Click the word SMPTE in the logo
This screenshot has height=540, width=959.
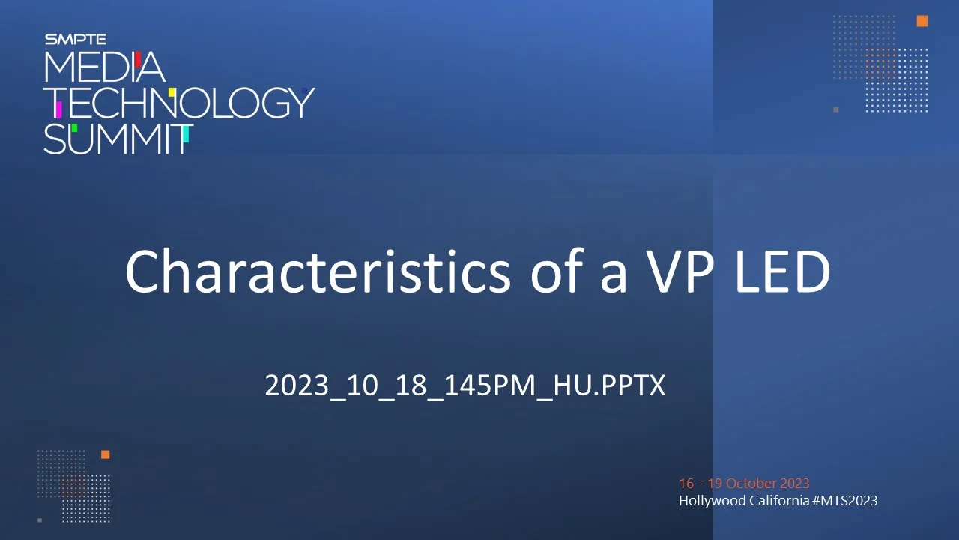[76, 40]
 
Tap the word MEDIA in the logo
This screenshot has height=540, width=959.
[104, 67]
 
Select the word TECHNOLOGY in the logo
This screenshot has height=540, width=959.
[179, 103]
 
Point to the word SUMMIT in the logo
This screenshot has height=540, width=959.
[118, 139]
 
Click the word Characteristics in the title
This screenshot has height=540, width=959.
[318, 271]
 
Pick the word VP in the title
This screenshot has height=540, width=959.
[680, 272]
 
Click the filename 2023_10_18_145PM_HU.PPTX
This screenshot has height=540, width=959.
[465, 385]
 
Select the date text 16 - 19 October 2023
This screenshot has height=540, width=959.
[744, 484]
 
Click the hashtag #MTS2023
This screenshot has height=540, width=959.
[844, 500]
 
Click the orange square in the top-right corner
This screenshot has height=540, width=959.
[922, 21]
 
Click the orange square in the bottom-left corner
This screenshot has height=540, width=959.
[106, 454]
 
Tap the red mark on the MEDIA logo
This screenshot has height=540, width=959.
[138, 59]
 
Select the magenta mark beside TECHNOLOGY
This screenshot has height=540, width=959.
[58, 109]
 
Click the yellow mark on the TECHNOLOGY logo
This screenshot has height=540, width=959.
[172, 92]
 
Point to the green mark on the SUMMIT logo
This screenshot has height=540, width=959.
[74, 128]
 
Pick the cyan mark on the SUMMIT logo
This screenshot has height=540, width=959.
[186, 133]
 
